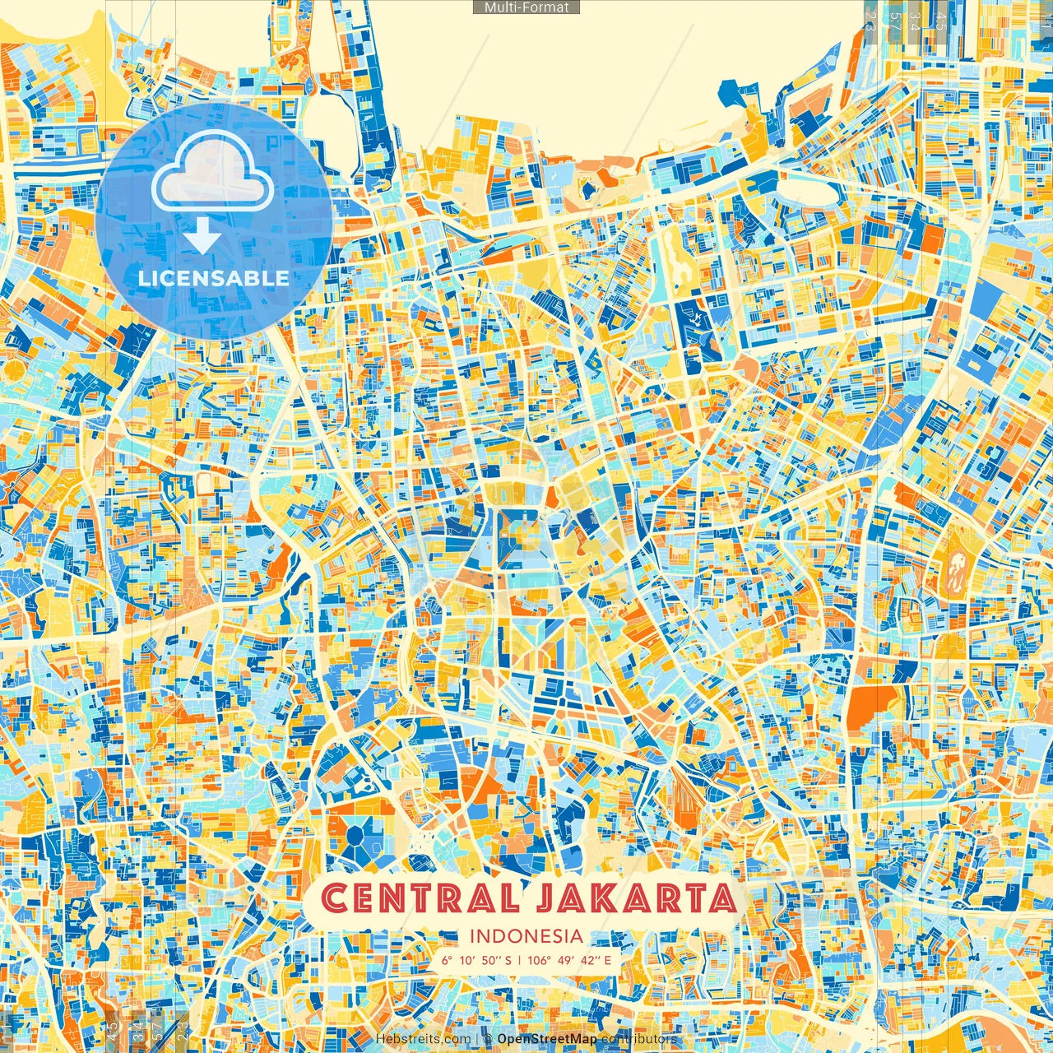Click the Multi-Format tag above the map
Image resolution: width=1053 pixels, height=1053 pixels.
click(526, 7)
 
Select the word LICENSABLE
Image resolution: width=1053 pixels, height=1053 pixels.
click(213, 278)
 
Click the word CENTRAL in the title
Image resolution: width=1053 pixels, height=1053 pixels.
click(420, 898)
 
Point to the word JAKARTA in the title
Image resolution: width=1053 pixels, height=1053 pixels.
click(634, 898)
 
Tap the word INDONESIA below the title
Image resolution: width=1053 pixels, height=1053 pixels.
click(526, 935)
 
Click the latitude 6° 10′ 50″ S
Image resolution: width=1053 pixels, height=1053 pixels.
click(475, 959)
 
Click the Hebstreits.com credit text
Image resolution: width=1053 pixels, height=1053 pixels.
click(424, 1039)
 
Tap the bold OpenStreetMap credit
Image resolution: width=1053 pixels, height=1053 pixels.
click(546, 1039)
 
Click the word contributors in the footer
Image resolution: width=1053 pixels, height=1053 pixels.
click(638, 1039)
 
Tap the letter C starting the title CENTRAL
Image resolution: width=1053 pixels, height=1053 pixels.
click(334, 898)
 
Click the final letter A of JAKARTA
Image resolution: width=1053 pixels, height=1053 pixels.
click(721, 898)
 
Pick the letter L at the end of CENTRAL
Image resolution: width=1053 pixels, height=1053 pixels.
click(509, 898)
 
